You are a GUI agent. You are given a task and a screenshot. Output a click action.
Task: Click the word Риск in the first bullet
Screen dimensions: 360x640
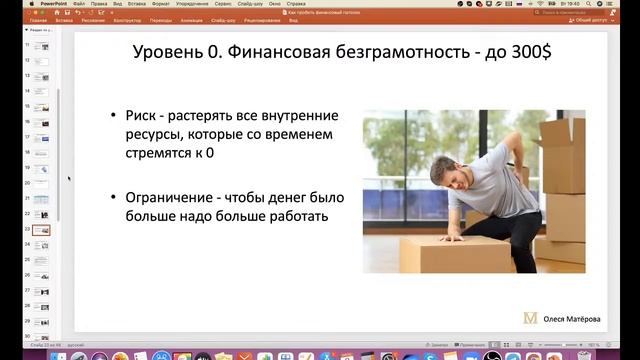tap(143, 116)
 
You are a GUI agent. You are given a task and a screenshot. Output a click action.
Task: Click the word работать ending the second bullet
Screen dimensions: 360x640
tap(295, 215)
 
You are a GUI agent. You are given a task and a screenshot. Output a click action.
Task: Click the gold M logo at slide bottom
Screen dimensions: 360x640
tap(531, 318)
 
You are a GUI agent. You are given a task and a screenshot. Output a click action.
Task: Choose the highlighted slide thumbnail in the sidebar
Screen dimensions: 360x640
tap(41, 230)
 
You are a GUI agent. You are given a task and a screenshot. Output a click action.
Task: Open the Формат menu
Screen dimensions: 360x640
tap(160, 4)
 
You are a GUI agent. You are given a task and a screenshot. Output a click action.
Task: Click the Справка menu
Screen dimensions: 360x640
tap(300, 4)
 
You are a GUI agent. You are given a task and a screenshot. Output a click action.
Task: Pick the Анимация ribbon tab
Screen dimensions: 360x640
tap(191, 20)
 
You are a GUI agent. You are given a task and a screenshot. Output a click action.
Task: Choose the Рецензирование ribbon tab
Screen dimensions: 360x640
tap(263, 20)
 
